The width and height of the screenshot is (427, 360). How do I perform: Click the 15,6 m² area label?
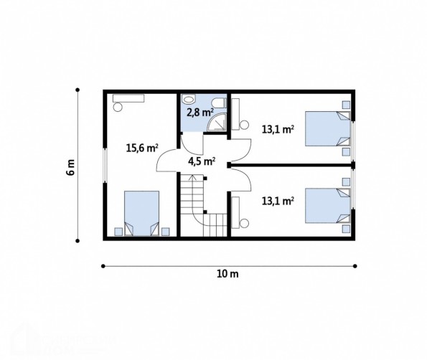(x=142, y=148)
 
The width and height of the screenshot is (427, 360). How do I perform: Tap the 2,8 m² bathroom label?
(x=200, y=112)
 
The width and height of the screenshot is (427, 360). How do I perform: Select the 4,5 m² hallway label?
(x=202, y=161)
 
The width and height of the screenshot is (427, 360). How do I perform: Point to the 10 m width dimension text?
(x=227, y=274)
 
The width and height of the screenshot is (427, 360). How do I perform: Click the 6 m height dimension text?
(x=70, y=167)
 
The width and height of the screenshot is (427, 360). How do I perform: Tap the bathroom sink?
(x=189, y=99)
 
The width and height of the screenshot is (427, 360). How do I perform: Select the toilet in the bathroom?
(x=219, y=103)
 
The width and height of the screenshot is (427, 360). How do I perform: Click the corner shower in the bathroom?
(x=217, y=123)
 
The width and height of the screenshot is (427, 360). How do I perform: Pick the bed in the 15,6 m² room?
(x=141, y=213)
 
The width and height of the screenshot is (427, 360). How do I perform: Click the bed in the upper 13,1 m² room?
(x=327, y=128)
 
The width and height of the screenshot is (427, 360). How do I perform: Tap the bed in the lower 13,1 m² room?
(x=327, y=206)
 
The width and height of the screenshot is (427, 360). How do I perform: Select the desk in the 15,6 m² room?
(x=128, y=98)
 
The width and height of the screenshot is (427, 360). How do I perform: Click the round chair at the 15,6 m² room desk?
(x=118, y=107)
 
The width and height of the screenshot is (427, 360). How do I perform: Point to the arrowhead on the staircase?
(x=193, y=177)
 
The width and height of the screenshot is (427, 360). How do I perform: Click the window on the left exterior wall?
(x=105, y=165)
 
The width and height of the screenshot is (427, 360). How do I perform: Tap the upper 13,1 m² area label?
(x=278, y=129)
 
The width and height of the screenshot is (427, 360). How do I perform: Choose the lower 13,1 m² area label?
(x=278, y=201)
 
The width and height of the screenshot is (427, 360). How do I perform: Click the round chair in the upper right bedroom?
(x=244, y=125)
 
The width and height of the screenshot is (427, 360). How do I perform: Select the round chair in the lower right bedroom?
(x=244, y=224)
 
